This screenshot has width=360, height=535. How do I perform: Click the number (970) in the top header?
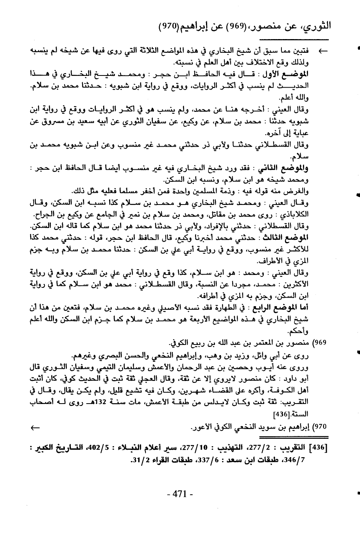(x=169, y=26)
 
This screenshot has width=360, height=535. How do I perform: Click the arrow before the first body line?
(x=323, y=51)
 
